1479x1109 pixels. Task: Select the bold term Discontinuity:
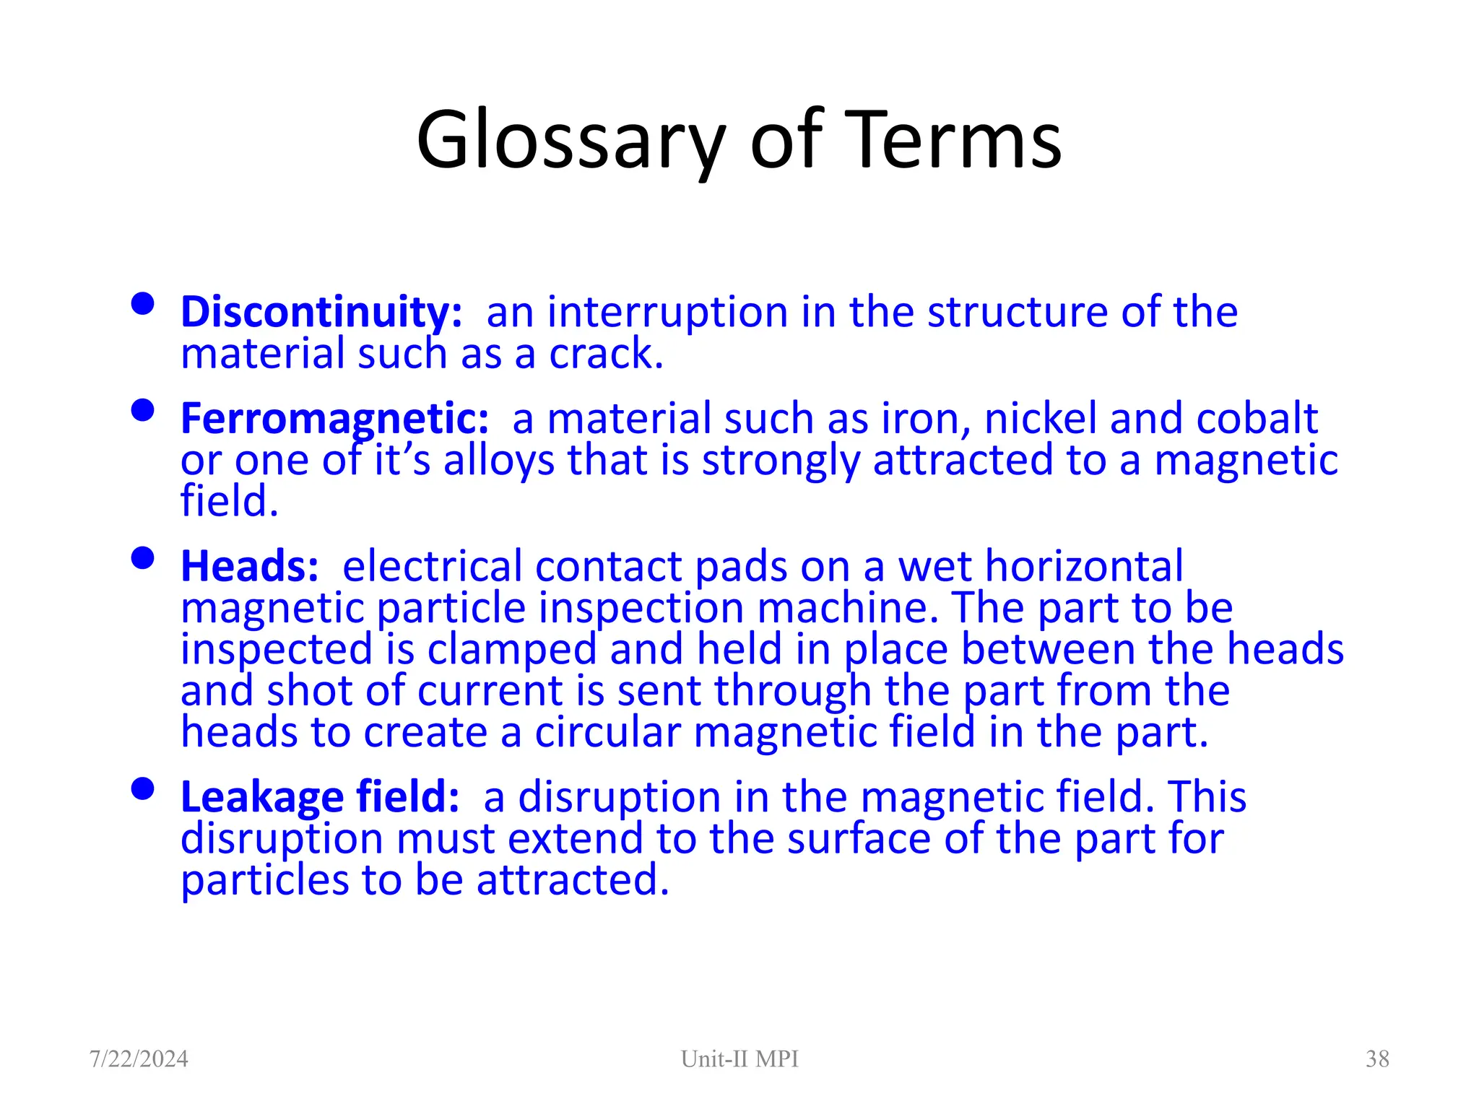point(321,313)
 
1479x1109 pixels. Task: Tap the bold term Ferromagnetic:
point(334,419)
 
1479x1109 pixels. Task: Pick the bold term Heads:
point(249,566)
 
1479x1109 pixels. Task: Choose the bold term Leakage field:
point(320,797)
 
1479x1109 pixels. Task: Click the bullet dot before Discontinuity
point(143,304)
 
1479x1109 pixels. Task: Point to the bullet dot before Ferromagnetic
point(143,410)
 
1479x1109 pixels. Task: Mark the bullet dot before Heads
point(143,558)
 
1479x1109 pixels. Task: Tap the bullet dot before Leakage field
point(143,789)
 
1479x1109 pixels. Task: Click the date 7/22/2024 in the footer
point(139,1059)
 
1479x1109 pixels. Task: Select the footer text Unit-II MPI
point(739,1059)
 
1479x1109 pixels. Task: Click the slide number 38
point(1377,1059)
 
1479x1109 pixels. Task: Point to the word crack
point(605,355)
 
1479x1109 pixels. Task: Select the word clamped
point(511,650)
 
